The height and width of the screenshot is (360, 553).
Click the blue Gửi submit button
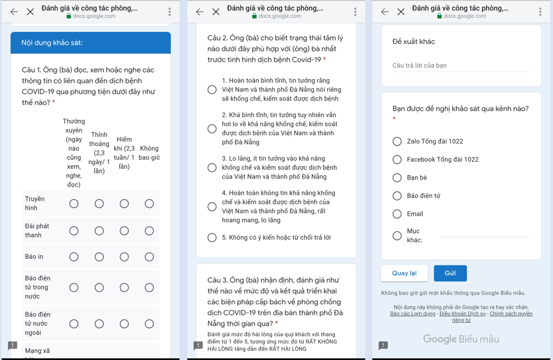pos(450,273)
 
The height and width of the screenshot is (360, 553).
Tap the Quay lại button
pos(404,273)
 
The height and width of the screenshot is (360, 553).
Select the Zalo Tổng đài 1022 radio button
pos(397,141)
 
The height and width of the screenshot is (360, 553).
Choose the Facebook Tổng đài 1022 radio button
pos(397,159)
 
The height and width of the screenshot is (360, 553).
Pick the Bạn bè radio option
pos(397,178)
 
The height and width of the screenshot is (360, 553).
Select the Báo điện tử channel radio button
pos(397,196)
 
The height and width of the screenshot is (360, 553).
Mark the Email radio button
pos(397,214)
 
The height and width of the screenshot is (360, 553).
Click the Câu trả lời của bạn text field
pos(461,66)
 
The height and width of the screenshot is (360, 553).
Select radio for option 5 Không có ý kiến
pos(212,237)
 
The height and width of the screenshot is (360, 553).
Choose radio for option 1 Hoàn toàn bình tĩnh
pos(212,90)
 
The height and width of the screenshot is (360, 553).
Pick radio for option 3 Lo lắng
pos(212,168)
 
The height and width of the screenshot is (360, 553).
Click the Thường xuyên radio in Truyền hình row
pos(74,204)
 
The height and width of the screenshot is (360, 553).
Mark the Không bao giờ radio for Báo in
pos(149,257)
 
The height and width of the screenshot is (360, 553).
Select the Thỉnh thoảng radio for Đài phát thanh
pos(99,231)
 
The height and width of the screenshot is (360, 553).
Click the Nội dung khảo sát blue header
pos(91,43)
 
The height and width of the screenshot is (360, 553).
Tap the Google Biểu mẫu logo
pos(461,339)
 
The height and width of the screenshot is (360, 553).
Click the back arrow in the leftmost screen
pos(14,12)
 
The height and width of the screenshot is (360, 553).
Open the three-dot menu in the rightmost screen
pos(540,12)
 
